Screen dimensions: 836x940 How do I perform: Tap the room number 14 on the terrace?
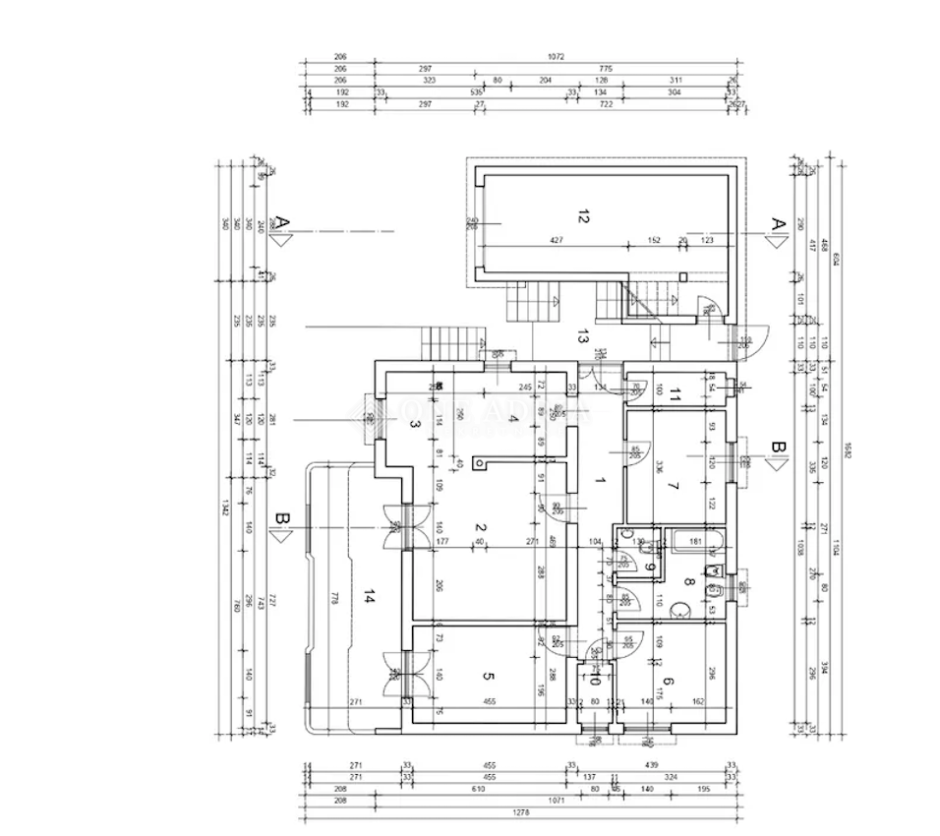369,596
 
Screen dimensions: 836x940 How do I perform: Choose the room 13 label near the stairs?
583,336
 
